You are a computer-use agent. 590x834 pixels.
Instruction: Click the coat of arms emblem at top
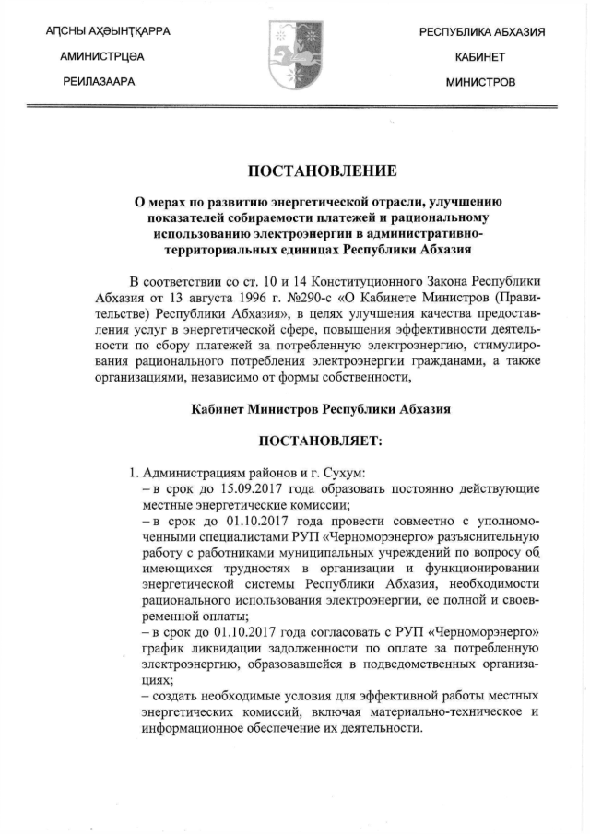point(294,55)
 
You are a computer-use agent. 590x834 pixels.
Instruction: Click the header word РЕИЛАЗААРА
point(99,82)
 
